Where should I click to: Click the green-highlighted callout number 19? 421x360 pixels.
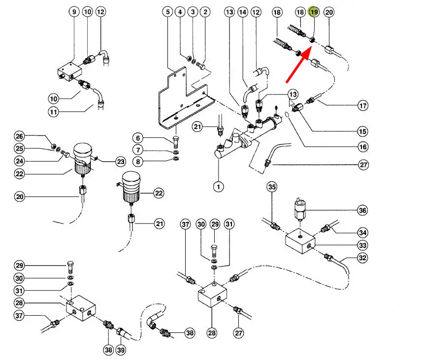[314, 12]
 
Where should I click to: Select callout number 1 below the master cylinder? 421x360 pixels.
[218, 187]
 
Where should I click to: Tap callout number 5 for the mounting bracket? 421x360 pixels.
[167, 12]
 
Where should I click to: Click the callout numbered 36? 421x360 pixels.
[362, 210]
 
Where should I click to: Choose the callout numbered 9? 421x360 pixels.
[74, 12]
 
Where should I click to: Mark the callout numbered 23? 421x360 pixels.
[121, 162]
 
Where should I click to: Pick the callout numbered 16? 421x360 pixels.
[363, 147]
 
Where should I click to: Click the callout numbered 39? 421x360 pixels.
[121, 350]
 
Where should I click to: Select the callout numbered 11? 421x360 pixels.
[54, 112]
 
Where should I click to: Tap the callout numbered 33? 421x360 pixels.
[362, 245]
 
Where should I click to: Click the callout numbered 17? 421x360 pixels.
[363, 105]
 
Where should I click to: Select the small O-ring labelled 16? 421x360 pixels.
[287, 115]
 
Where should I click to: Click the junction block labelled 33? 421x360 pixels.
[300, 241]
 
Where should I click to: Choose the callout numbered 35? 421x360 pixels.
[272, 187]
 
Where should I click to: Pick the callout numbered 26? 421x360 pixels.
[19, 136]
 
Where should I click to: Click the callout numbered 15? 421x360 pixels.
[362, 131]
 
